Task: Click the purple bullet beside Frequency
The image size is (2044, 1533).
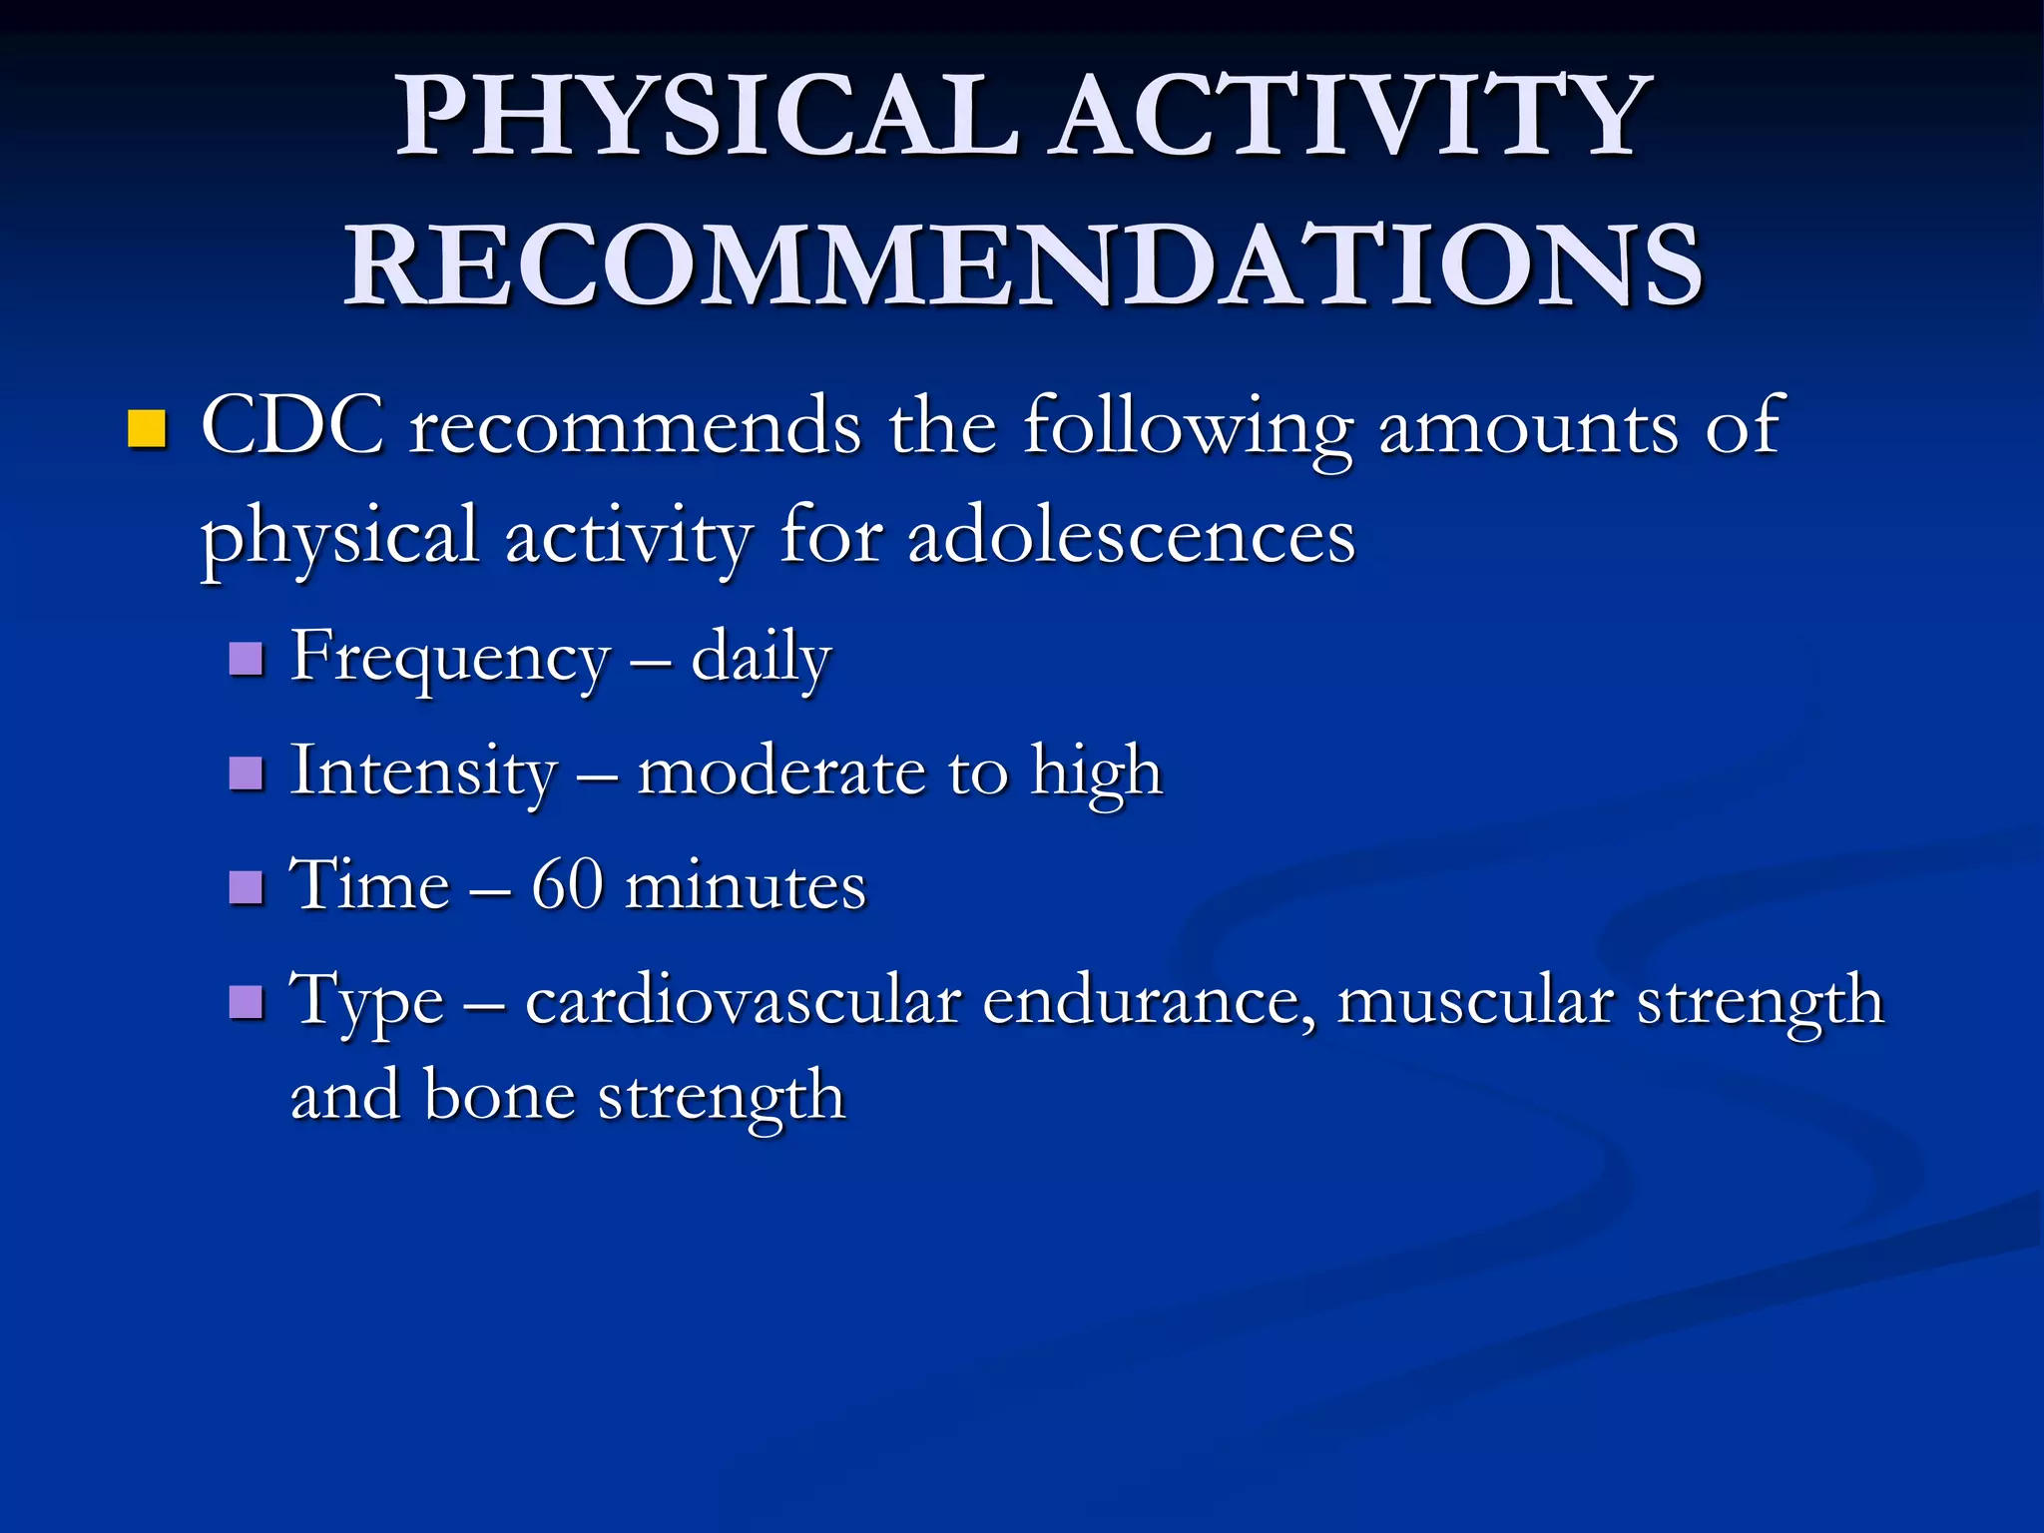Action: point(246,660)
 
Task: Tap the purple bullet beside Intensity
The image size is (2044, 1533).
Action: point(246,773)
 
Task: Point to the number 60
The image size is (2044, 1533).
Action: point(567,885)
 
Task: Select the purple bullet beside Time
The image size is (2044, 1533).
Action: point(246,887)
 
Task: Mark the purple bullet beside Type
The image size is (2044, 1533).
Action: point(246,1002)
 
